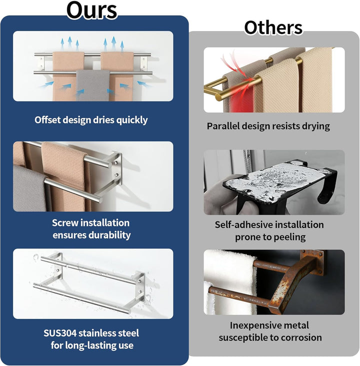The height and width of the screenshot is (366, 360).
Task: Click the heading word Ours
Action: point(92,10)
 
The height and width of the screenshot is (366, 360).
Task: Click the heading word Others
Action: point(273,28)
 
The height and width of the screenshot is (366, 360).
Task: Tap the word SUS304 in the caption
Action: point(60,333)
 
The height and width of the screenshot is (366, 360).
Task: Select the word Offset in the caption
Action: point(47,120)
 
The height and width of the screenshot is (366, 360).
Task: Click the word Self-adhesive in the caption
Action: point(243,225)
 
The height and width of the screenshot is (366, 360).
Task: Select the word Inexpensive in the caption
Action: point(253,325)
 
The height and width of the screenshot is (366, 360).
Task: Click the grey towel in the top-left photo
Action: point(93,85)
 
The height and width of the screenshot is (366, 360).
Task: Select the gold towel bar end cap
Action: point(219,96)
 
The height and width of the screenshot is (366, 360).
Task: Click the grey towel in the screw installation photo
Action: point(29,188)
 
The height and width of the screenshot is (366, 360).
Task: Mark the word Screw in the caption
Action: point(65,223)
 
